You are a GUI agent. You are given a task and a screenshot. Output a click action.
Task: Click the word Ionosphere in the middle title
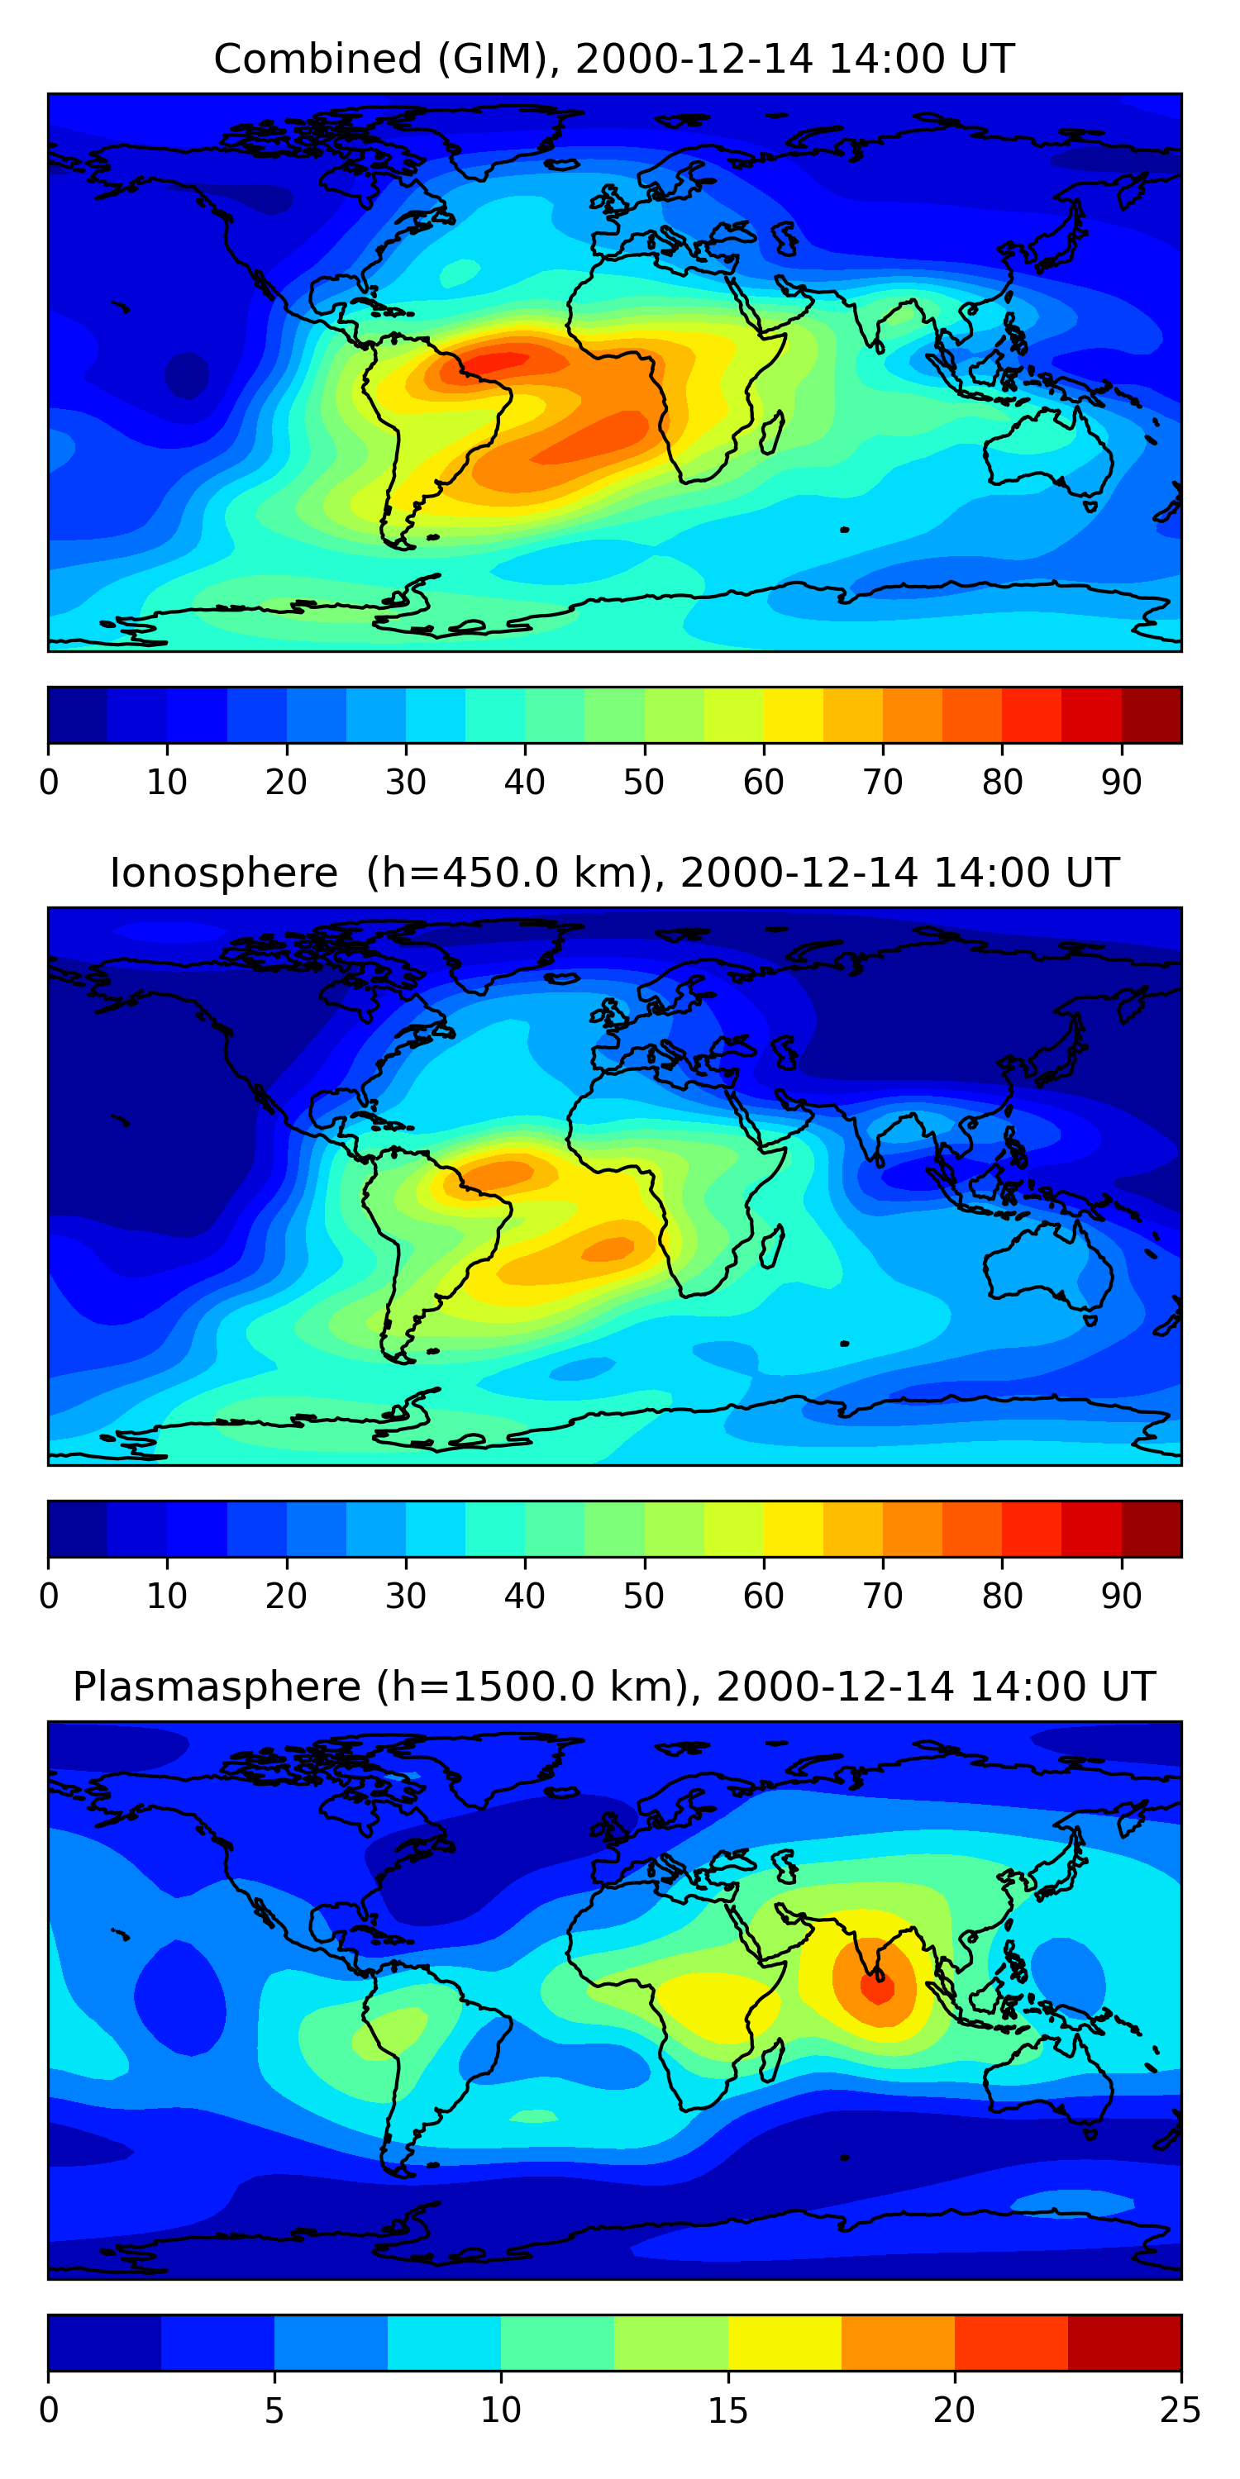coord(223,873)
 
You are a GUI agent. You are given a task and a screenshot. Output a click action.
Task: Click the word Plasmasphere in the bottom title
coord(217,1687)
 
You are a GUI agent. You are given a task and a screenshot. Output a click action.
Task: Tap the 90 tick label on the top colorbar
coord(1122,783)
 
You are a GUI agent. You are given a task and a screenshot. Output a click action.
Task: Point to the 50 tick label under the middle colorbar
coord(644,1596)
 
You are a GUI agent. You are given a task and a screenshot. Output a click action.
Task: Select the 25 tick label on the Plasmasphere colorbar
coord(1180,2410)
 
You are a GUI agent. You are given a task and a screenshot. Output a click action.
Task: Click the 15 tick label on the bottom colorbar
coord(727,2410)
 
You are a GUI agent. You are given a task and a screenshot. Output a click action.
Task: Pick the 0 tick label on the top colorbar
coord(49,783)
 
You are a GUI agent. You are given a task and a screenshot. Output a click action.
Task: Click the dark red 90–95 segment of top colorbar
coord(1152,715)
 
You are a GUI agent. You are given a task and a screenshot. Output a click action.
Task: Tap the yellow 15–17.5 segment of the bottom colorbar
coord(785,2343)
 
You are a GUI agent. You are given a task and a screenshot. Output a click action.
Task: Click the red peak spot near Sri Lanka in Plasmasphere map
coord(878,1986)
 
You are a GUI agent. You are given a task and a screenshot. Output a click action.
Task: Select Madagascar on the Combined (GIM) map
coord(771,434)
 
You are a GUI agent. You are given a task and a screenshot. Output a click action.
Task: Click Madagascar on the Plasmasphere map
coord(771,2063)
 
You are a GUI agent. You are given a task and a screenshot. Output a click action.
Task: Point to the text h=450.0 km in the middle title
coord(503,873)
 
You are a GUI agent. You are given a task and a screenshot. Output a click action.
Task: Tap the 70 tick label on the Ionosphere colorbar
coord(883,1596)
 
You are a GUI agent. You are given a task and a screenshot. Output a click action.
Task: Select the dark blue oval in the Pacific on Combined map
coord(187,374)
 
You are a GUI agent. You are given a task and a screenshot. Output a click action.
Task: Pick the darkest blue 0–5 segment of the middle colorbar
coord(78,1530)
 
